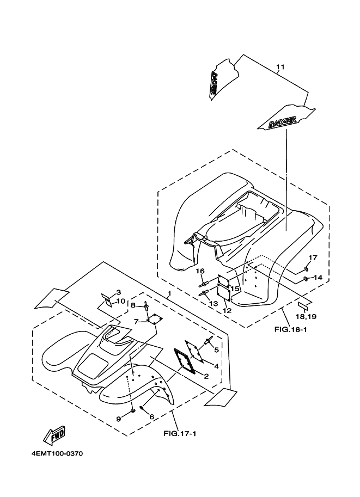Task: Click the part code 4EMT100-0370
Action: coord(57,453)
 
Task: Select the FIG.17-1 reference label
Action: coord(179,433)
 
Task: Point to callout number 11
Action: coord(280,68)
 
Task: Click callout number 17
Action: coord(313,258)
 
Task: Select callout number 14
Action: coord(318,278)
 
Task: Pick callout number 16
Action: coord(200,271)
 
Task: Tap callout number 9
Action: coord(118,418)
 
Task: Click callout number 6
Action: coord(151,418)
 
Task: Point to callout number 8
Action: coord(132,305)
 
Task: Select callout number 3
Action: coord(118,292)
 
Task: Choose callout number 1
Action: coord(169,294)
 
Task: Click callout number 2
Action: coord(206,376)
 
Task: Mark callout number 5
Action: coord(216,349)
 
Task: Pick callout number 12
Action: coord(227,311)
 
